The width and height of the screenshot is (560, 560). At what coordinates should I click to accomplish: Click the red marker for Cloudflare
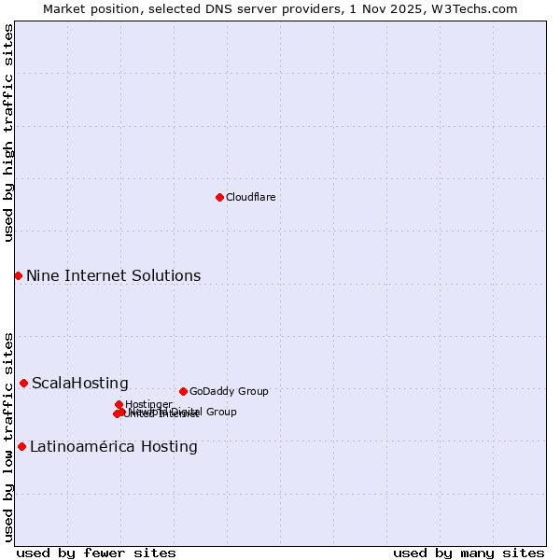219,197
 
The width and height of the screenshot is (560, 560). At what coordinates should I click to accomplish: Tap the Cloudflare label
250,198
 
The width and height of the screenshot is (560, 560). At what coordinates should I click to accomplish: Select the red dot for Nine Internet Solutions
18,275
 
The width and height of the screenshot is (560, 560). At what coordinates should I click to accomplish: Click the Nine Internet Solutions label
113,275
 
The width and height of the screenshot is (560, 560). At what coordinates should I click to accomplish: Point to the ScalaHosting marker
23,383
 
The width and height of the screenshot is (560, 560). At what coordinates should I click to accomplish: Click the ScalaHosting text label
80,383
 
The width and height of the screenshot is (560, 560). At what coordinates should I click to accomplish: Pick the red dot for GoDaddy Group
183,391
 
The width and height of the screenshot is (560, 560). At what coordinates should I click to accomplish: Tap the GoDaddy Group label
229,392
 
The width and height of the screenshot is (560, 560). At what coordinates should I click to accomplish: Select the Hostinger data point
119,404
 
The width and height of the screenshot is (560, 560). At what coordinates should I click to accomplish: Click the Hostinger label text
148,404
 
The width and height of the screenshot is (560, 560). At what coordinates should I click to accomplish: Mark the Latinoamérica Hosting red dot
21,446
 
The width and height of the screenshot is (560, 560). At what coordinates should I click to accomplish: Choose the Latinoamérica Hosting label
114,446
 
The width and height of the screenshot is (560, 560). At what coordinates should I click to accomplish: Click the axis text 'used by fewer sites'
96,553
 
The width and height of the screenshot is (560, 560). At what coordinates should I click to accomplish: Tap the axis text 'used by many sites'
469,553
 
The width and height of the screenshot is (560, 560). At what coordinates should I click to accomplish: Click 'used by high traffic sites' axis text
8,133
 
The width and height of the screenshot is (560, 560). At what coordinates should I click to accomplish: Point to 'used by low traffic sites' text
8,437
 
